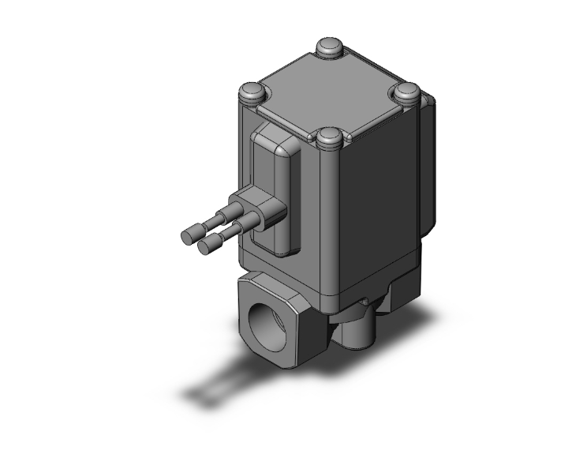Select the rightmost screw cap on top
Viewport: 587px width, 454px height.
[408, 92]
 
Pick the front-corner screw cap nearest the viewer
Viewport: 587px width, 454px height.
[328, 140]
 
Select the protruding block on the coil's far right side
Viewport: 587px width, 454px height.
[428, 166]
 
